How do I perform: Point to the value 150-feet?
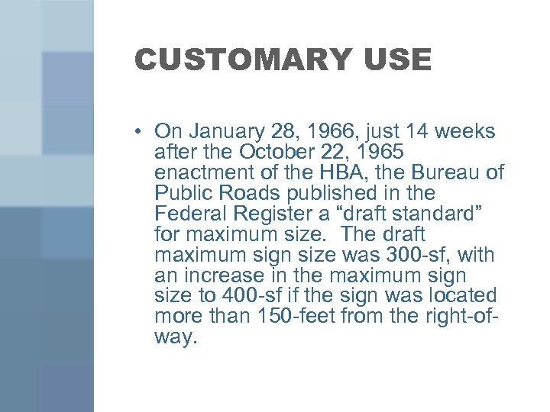coord(302,317)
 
